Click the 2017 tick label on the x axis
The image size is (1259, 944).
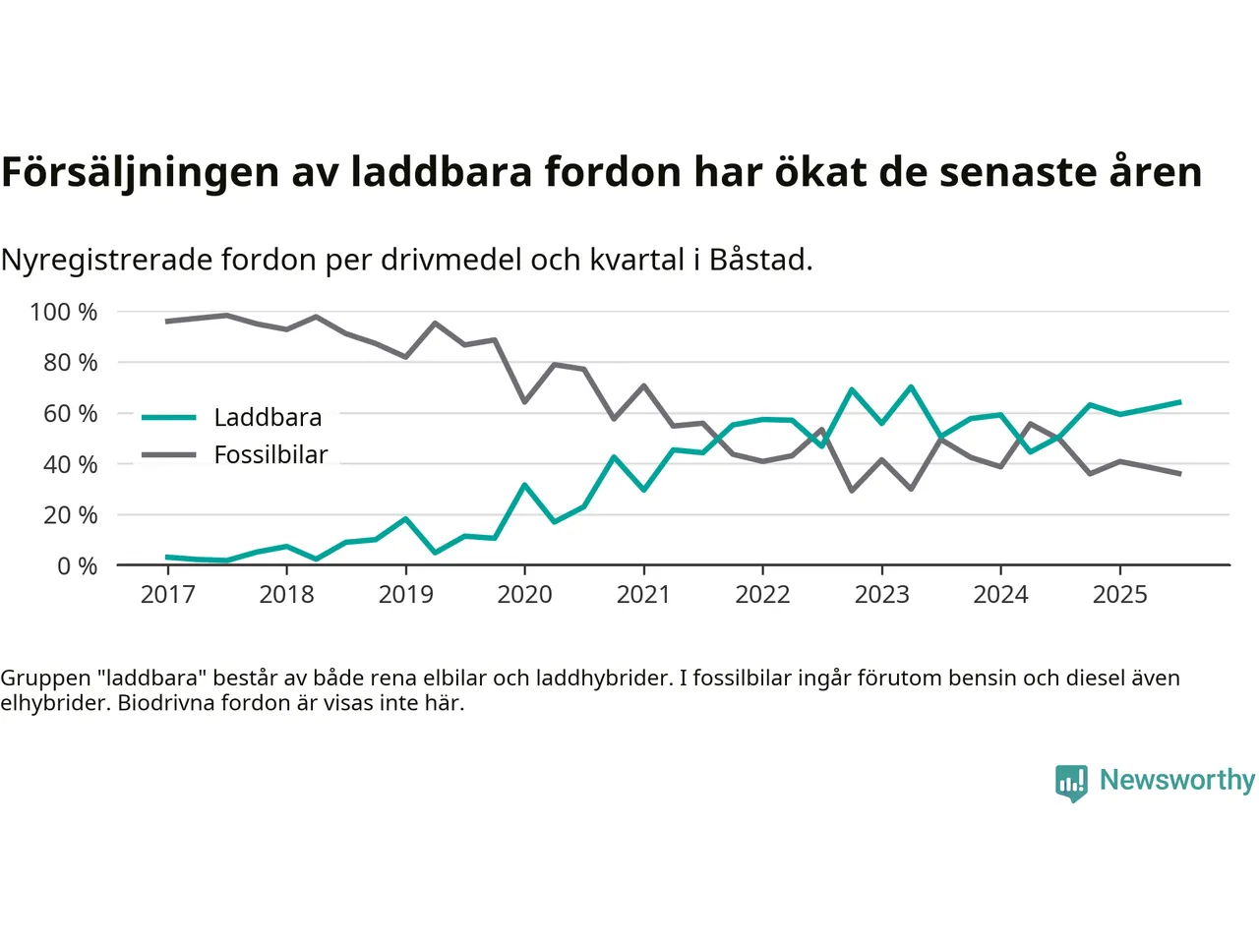tap(167, 594)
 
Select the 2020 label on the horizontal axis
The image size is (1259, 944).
tap(524, 594)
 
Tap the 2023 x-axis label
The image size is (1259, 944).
tap(881, 594)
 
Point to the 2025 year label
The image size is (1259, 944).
tap(1119, 594)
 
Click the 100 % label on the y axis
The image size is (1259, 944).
tap(64, 312)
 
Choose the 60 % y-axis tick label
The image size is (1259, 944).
tap(70, 413)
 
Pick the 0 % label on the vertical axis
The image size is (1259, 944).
tap(77, 565)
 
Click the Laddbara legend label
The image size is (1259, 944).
tap(268, 418)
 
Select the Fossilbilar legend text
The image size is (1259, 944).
tap(270, 454)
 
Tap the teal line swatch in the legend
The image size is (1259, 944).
tap(169, 418)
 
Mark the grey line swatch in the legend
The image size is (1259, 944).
tap(169, 454)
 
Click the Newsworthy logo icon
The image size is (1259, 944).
tap(1071, 783)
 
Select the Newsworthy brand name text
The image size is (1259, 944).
tap(1176, 780)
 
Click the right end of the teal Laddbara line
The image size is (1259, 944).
tap(1179, 402)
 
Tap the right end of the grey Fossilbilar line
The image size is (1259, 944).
tap(1179, 474)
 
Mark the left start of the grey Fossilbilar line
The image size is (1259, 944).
tap(167, 322)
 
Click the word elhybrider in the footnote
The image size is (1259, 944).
tap(54, 703)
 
